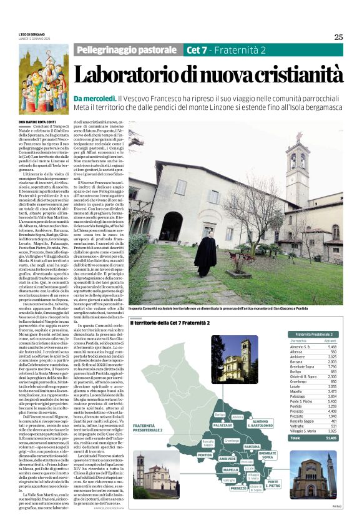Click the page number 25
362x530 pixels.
[338, 37]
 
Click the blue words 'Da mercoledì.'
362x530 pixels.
[95, 99]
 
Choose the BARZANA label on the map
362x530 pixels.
[252, 447]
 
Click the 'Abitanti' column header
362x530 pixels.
[330, 340]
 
